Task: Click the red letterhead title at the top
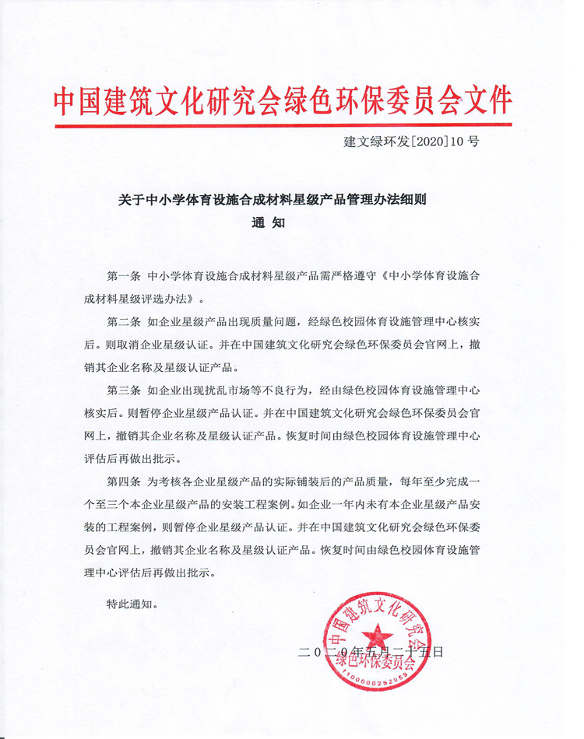(283, 100)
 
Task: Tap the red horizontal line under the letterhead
(283, 124)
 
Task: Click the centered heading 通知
(268, 222)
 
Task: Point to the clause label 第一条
(123, 276)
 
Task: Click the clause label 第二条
(123, 321)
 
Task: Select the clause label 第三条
(123, 389)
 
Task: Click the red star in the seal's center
(377, 637)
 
